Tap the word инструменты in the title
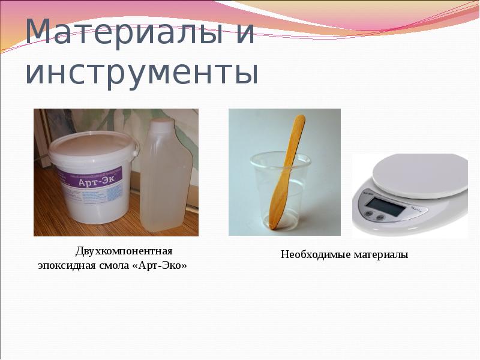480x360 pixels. point(142,72)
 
